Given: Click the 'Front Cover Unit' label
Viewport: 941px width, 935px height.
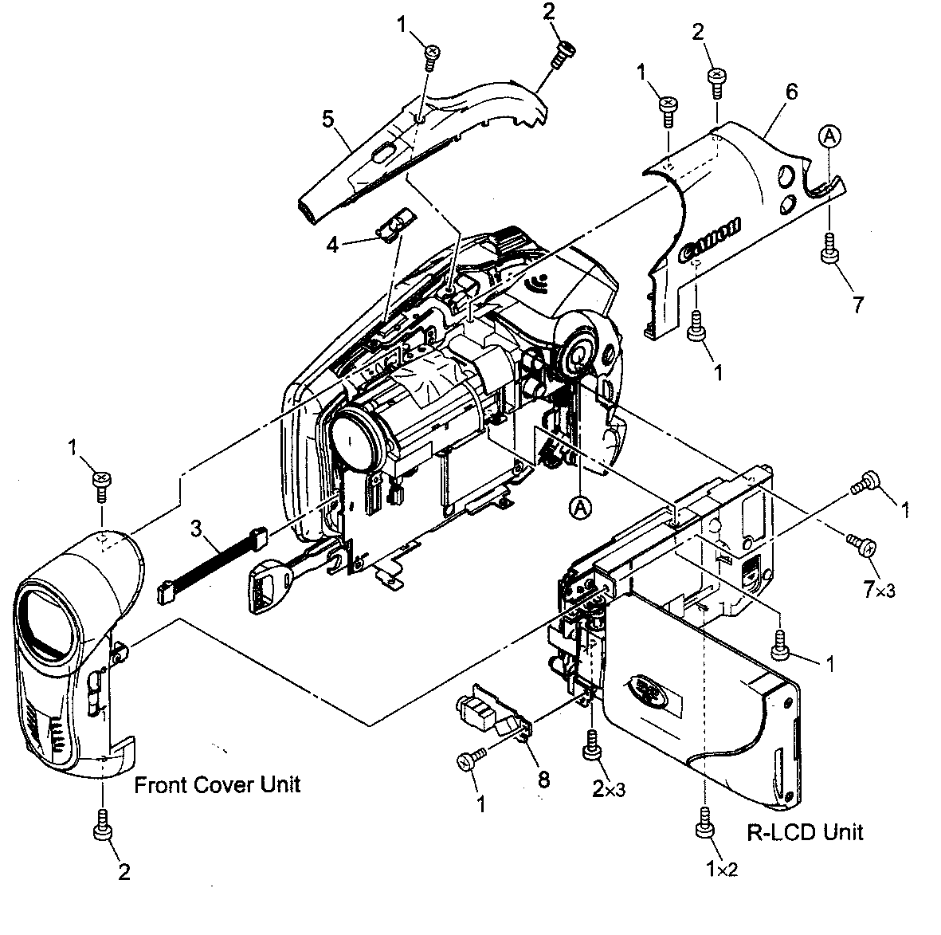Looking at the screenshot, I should pyautogui.click(x=217, y=784).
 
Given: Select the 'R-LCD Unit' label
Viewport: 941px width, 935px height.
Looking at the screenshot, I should pyautogui.click(x=805, y=832).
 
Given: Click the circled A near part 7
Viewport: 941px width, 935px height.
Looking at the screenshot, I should pyautogui.click(x=829, y=138).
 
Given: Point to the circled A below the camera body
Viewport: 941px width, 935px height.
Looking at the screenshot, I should pyautogui.click(x=581, y=505).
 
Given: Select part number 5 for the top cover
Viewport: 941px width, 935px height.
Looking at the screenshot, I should pyautogui.click(x=327, y=119).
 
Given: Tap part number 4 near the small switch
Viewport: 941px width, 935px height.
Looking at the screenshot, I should pyautogui.click(x=333, y=244).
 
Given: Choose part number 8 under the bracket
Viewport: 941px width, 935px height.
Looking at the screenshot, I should pyautogui.click(x=543, y=780).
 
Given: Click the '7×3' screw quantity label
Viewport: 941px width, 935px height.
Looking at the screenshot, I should pyautogui.click(x=880, y=590).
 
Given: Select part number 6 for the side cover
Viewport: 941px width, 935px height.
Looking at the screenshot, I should pyautogui.click(x=790, y=92).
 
